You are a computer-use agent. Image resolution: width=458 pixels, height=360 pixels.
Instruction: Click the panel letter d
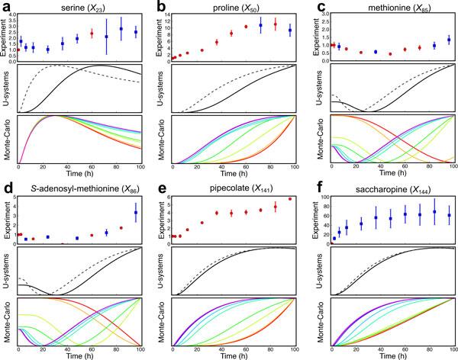[x=5, y=186]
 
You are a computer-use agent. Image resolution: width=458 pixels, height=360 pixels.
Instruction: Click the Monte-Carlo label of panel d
[x=7, y=320]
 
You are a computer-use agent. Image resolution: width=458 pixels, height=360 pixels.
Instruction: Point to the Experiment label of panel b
[x=160, y=37]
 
